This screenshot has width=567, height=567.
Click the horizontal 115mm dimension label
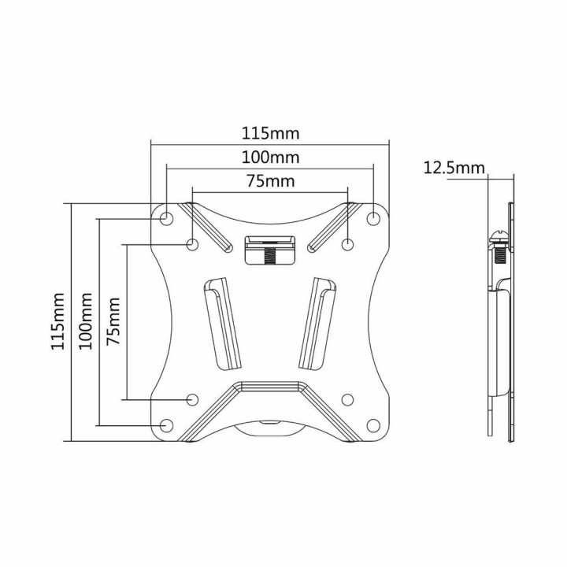coord(270,133)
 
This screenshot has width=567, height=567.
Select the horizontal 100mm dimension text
coord(270,157)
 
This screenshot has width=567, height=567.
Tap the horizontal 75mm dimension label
coord(270,181)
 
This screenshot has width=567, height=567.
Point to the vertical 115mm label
coord(57,323)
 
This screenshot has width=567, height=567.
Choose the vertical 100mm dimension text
coord(86,323)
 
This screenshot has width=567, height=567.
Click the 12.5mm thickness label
coord(454,167)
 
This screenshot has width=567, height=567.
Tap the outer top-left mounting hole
coord(167,217)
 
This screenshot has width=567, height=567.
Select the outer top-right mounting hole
coord(373,217)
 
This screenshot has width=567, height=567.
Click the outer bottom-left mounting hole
coord(167,425)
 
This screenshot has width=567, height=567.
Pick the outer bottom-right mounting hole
coord(373,425)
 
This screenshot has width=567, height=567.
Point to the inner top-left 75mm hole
coord(193,244)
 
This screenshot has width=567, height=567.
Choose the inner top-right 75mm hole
coord(347,244)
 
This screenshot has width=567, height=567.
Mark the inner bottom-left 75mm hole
coord(193,399)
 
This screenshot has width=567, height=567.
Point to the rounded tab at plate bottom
coord(269,431)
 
